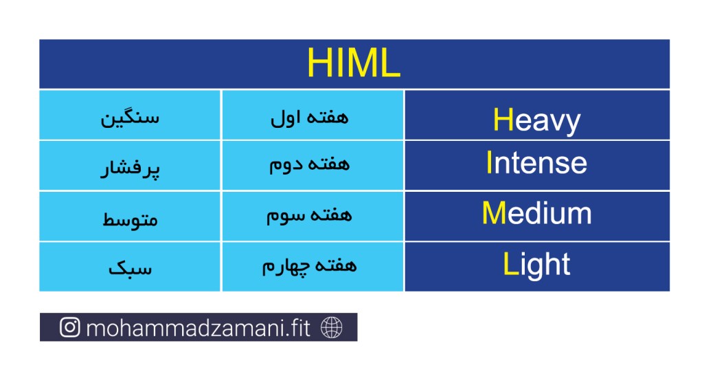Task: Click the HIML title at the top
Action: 354,63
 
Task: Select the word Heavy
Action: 536,121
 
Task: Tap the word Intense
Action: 536,162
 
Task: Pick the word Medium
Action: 536,213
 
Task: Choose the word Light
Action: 536,265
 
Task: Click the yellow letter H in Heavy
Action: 503,120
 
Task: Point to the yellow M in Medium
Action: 495,213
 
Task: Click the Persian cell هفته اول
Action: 309,118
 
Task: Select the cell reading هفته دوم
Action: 309,164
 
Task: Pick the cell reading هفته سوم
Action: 309,215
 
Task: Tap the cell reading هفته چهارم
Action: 309,266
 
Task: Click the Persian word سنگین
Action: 130,118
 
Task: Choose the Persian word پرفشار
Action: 130,168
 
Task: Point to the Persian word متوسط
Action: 130,219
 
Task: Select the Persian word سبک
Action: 130,268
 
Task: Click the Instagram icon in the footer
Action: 70,327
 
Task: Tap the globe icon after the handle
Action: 331,327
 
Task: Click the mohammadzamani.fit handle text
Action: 198,328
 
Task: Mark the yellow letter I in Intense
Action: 489,162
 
